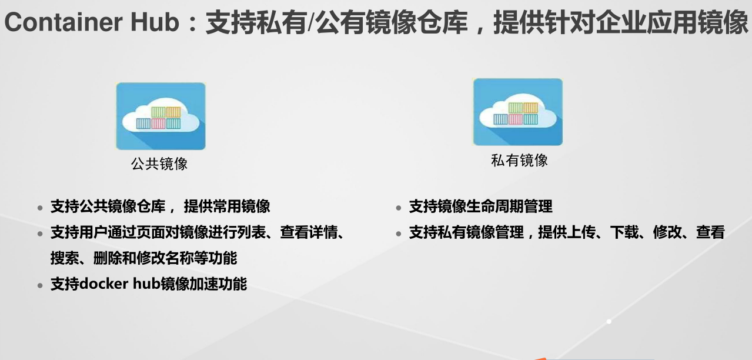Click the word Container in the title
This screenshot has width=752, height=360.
[x=63, y=22]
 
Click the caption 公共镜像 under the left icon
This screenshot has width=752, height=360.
[x=159, y=164]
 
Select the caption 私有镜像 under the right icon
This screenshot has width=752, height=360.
[x=519, y=160]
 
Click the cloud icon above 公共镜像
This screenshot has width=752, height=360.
[x=161, y=116]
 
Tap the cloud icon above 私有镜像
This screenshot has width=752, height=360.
[x=518, y=112]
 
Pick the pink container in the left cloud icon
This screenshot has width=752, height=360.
[x=159, y=124]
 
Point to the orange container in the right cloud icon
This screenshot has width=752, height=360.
[x=530, y=108]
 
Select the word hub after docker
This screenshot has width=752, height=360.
[x=146, y=284]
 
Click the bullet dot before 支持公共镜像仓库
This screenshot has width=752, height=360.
[x=40, y=208]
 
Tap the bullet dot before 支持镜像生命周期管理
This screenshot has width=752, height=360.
[x=399, y=208]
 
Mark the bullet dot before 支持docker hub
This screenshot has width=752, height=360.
[x=40, y=285]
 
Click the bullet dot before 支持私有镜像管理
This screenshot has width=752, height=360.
[x=399, y=234]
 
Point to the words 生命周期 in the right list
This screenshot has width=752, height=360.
[x=495, y=206]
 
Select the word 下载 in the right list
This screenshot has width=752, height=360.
[x=624, y=232]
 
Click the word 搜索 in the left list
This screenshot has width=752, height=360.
[x=65, y=258]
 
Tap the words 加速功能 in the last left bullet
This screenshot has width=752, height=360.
[x=219, y=284]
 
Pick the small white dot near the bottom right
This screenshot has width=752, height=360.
[x=609, y=321]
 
